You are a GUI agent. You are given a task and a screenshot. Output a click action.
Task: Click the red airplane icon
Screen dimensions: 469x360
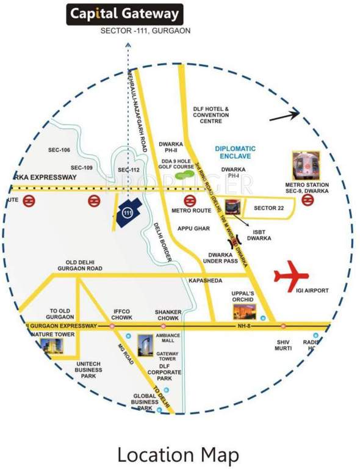[292, 274]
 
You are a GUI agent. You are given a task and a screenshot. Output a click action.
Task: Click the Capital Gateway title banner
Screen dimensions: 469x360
[124, 13]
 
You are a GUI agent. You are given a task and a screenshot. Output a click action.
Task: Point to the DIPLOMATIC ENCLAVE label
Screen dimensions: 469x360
[236, 153]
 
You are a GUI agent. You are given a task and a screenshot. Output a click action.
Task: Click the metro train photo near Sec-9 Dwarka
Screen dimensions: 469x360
[306, 165]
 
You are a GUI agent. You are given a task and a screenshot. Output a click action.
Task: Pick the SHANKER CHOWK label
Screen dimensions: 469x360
[168, 314]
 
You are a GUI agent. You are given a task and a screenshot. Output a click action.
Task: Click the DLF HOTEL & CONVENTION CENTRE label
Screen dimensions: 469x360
[211, 114]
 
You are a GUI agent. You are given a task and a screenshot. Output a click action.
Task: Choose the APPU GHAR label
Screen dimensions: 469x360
[193, 228]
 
